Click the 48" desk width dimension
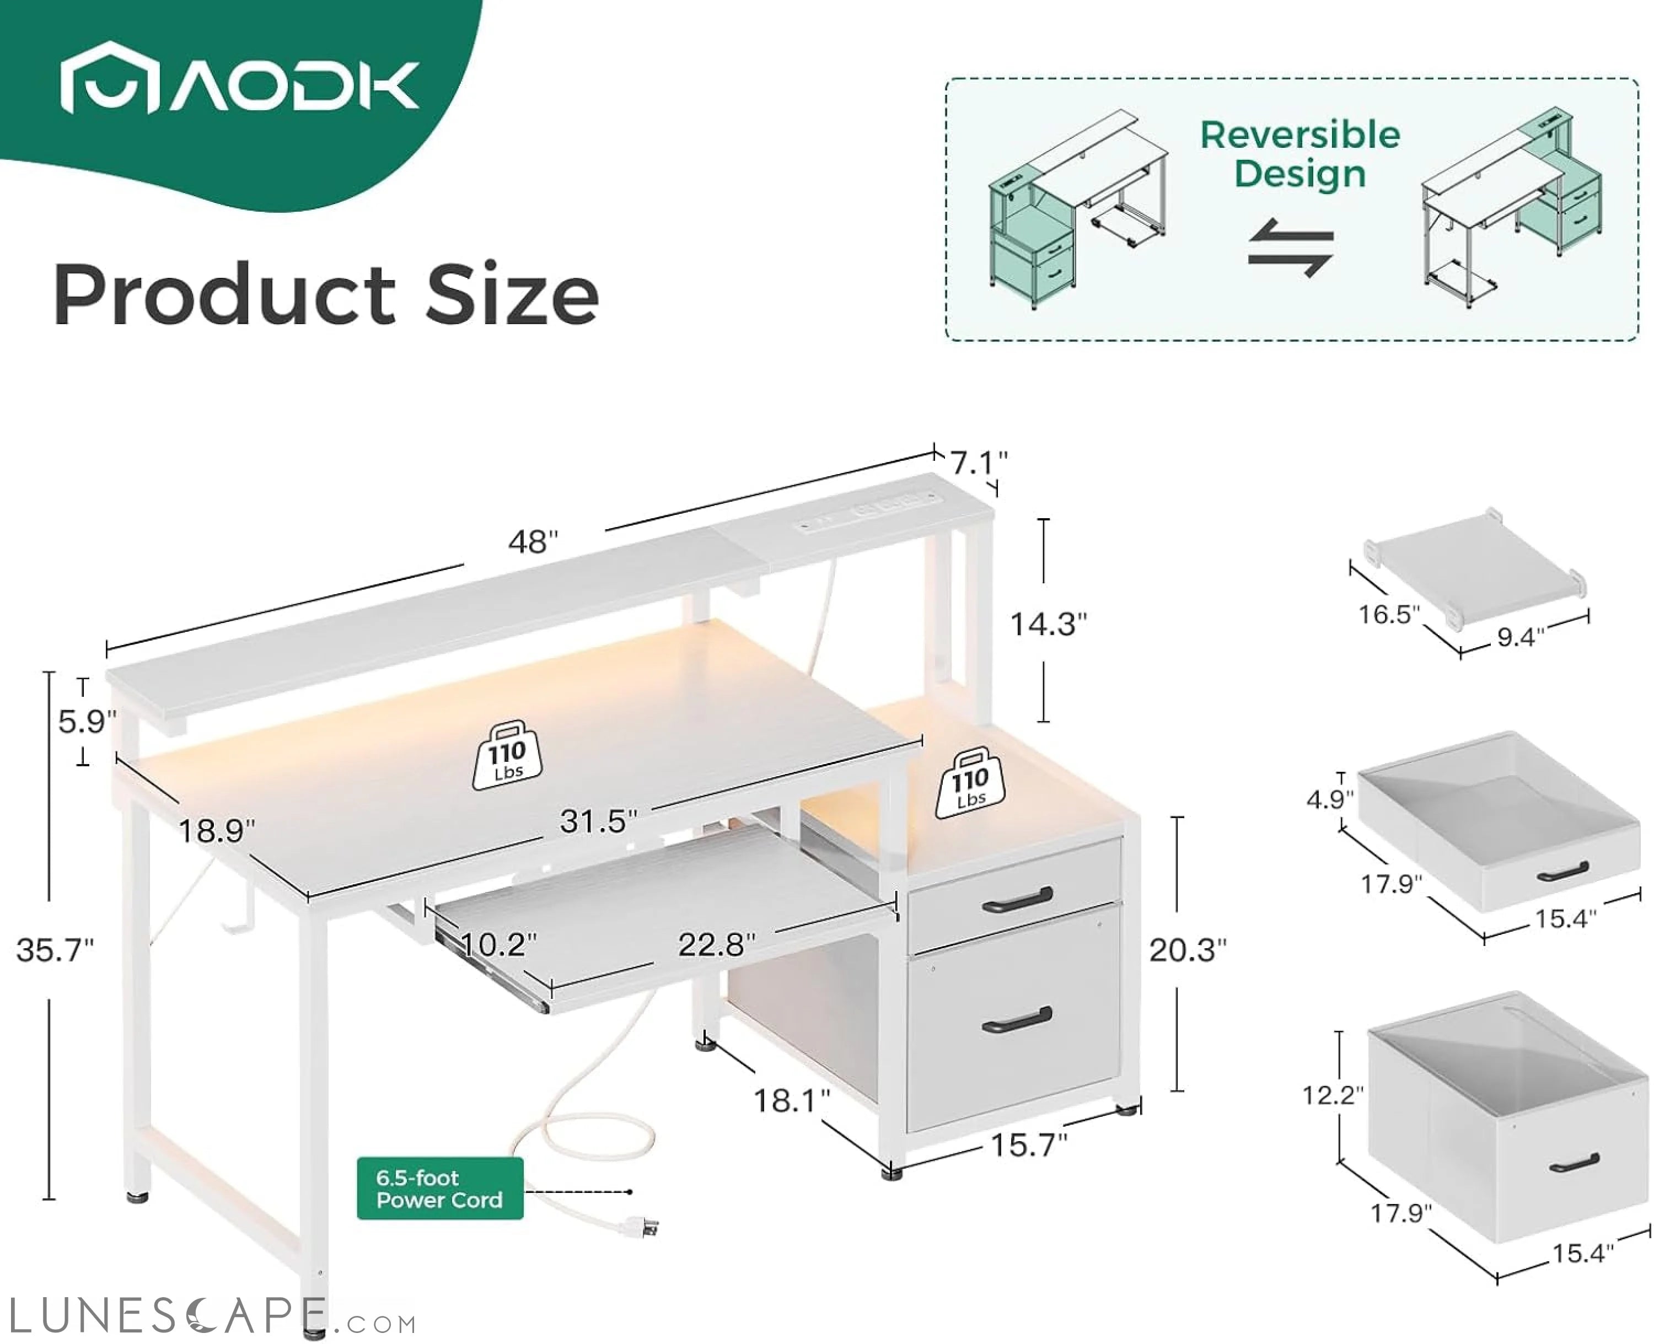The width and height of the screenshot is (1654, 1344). pos(533,542)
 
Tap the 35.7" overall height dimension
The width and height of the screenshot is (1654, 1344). pos(54,950)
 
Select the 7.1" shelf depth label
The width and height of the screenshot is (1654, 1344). pos(979,463)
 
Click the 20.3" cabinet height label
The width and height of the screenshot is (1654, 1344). pos(1187,950)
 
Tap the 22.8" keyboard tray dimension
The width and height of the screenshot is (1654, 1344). pos(716,944)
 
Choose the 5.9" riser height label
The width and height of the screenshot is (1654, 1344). pos(87,722)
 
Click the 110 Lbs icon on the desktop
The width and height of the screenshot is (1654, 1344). pos(507,756)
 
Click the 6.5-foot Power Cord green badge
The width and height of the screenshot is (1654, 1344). pos(440,1189)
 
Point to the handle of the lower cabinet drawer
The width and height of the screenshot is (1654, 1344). pos(1017,1022)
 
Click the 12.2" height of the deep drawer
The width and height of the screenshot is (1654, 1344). pos(1332,1095)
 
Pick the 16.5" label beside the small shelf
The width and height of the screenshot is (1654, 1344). pos(1389,615)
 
